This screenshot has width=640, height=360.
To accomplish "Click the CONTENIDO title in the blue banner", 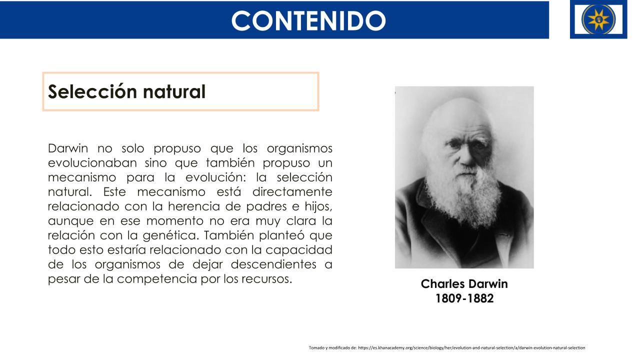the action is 308,20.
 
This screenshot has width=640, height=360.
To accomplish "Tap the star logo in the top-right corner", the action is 598,19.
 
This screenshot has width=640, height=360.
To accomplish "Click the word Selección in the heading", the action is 92,91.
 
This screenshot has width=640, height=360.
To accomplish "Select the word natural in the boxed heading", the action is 174,91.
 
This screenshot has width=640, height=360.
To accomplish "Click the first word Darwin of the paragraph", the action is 68,148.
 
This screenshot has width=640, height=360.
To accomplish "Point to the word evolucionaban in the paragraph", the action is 92,163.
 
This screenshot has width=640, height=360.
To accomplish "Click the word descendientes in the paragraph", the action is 273,264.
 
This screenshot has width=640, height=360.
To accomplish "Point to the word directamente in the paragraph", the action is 292,191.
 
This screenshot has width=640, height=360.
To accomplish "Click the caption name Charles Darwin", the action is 464,283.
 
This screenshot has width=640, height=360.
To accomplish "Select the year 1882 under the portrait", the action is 480,298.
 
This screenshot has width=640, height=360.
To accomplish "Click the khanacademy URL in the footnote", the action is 471,347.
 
